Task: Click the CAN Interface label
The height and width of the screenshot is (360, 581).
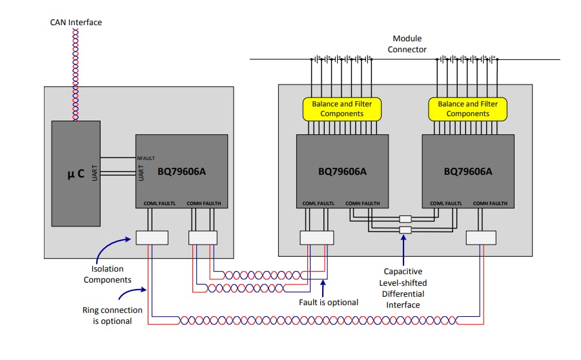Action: pyautogui.click(x=76, y=23)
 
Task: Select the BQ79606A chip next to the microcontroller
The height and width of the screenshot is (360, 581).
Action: pyautogui.click(x=181, y=171)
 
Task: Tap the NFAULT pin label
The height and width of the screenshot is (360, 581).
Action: pyautogui.click(x=146, y=158)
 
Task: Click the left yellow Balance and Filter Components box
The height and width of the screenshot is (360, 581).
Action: pyautogui.click(x=342, y=108)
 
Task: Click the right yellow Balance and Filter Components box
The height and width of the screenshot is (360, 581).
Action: pyautogui.click(x=467, y=108)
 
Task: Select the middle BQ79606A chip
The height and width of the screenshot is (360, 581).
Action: pyautogui.click(x=342, y=171)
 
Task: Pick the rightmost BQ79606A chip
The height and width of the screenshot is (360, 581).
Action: pyautogui.click(x=467, y=171)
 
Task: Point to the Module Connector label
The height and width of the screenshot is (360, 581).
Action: pyautogui.click(x=407, y=45)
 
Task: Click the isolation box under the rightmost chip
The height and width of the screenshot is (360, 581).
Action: pyautogui.click(x=481, y=237)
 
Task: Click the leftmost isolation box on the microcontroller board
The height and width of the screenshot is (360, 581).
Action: pyautogui.click(x=152, y=237)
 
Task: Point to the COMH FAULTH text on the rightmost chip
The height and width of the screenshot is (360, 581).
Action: pyautogui.click(x=491, y=203)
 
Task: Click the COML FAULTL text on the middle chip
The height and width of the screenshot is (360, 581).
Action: pyautogui.click(x=319, y=203)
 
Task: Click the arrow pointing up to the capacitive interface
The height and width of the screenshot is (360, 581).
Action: pyautogui.click(x=405, y=248)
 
